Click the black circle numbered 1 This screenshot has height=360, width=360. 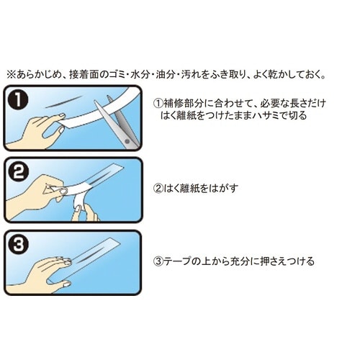pyautogui.click(x=18, y=100)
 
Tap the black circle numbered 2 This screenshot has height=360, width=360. pyautogui.click(x=18, y=172)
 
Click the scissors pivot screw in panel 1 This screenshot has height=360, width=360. pyautogui.click(x=127, y=141)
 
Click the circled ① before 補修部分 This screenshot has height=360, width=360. pyautogui.click(x=158, y=104)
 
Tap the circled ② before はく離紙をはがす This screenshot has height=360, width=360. pyautogui.click(x=158, y=188)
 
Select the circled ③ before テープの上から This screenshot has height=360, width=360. pyautogui.click(x=158, y=261)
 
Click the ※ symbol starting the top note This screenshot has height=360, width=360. pyautogui.click(x=11, y=75)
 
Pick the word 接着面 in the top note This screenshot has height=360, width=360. pyautogui.click(x=84, y=75)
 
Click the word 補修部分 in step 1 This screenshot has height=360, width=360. pyautogui.click(x=182, y=104)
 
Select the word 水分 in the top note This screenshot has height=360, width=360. pyautogui.click(x=140, y=75)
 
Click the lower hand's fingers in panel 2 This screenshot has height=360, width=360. pyautogui.click(x=84, y=213)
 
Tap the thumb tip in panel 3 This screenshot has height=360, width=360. pyautogui.click(x=67, y=284)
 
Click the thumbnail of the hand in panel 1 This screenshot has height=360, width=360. pyautogui.click(x=63, y=116)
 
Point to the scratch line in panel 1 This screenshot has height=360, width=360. pyautogui.click(x=63, y=102)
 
